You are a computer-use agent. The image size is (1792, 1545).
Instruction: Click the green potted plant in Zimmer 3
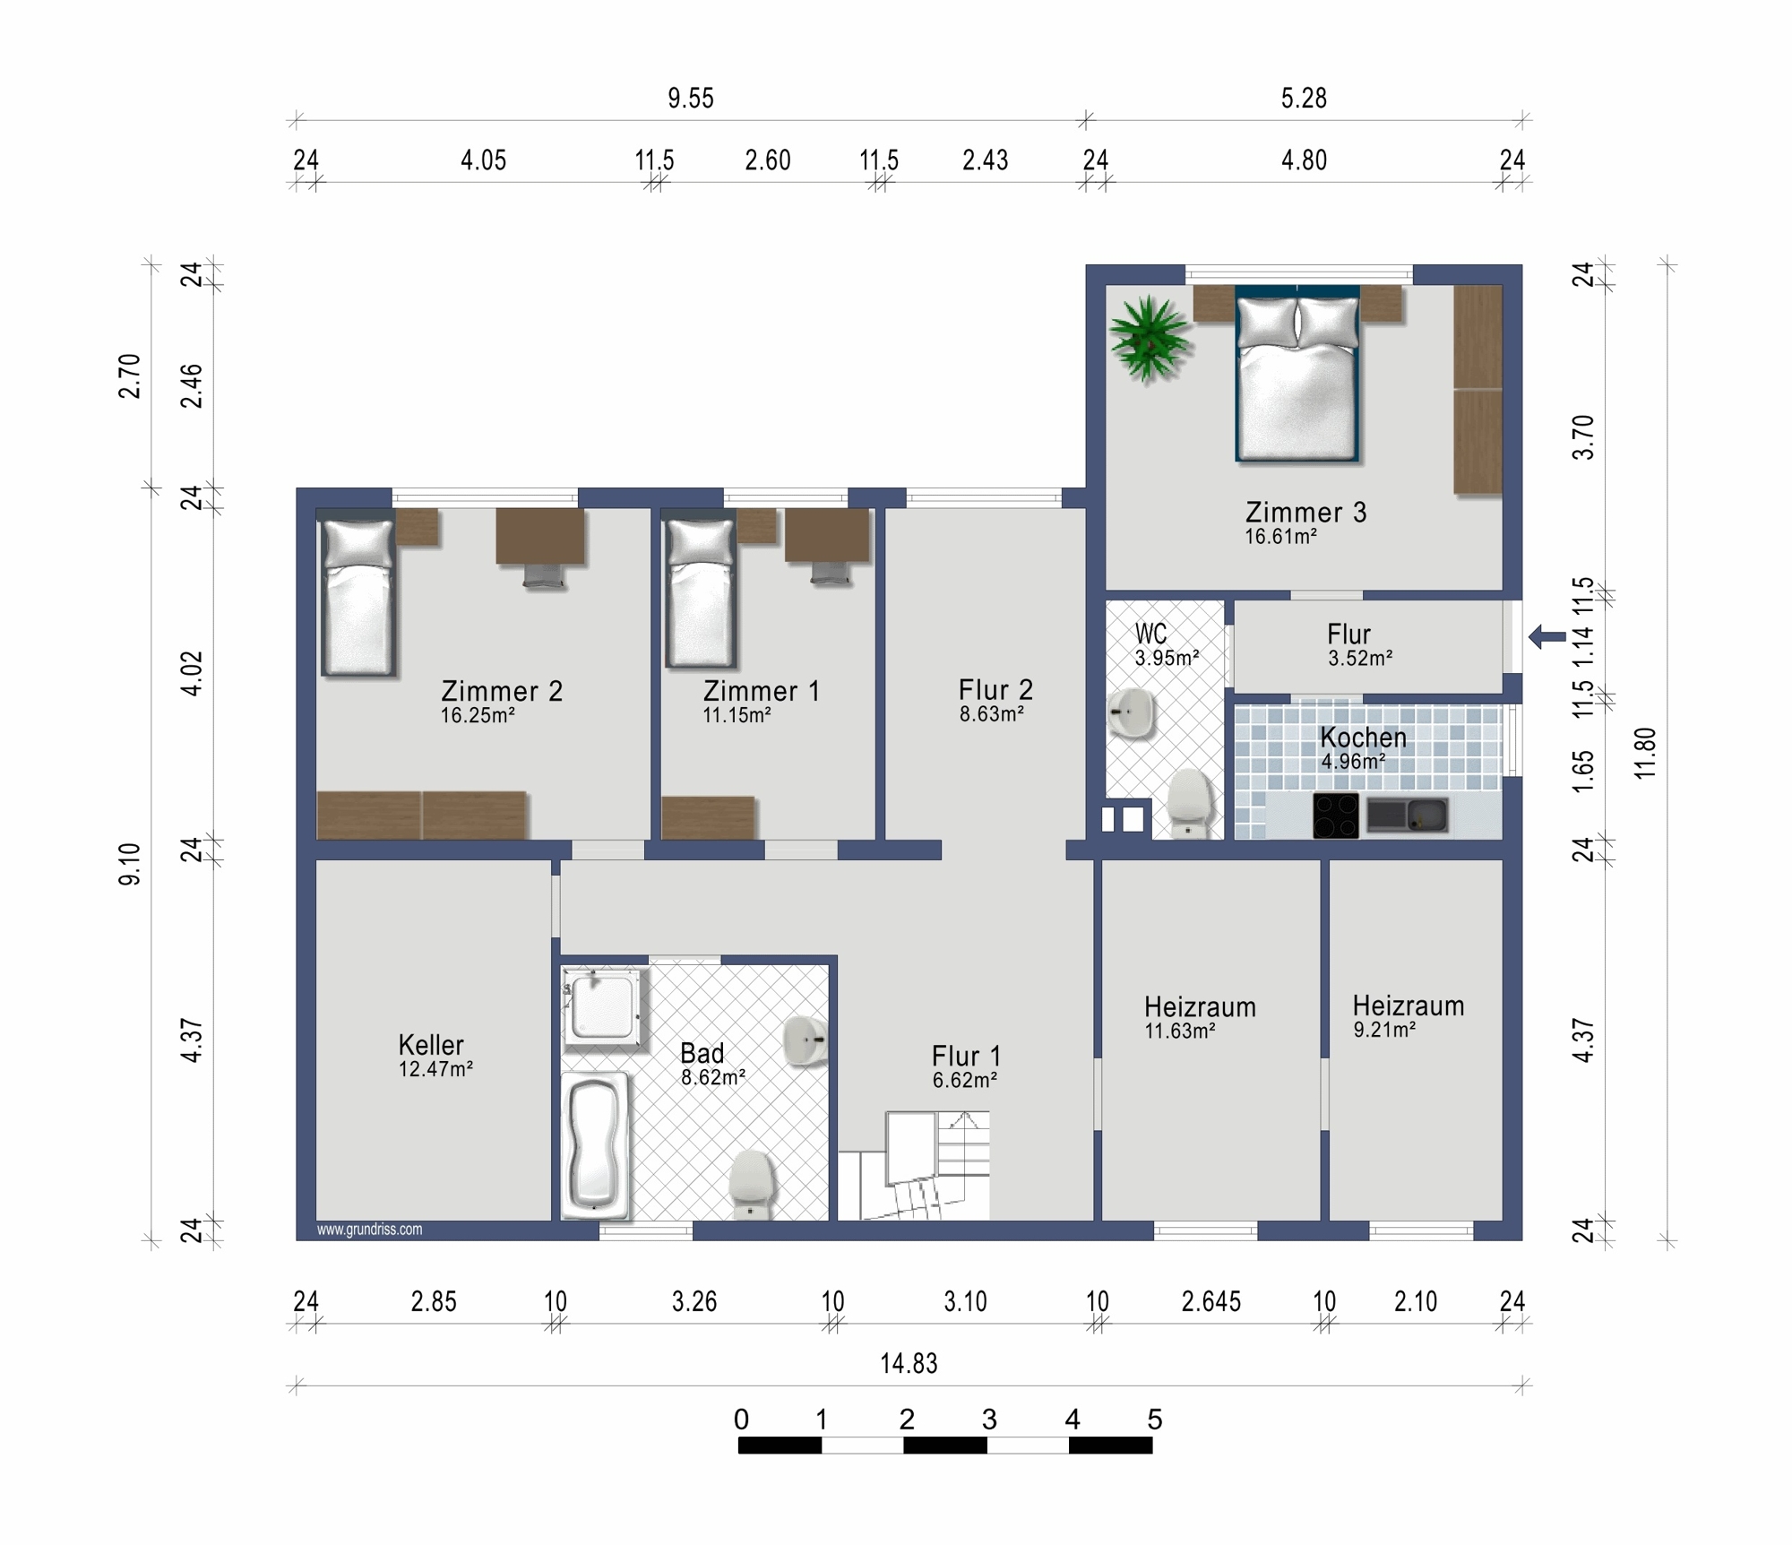pyautogui.click(x=1149, y=339)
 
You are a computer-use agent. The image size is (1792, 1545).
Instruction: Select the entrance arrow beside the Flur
pyautogui.click(x=1547, y=637)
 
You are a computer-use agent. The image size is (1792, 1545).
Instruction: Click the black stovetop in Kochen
pyautogui.click(x=1335, y=816)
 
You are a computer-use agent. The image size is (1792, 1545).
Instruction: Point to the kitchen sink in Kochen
pyautogui.click(x=1407, y=815)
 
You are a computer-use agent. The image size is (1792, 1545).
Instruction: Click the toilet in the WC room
pyautogui.click(x=1190, y=803)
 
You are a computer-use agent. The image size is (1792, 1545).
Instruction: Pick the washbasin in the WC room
pyautogui.click(x=1132, y=713)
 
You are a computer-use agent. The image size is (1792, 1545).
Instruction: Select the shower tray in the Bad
pyautogui.click(x=604, y=1009)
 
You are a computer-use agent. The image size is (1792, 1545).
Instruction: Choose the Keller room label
pyautogui.click(x=431, y=1045)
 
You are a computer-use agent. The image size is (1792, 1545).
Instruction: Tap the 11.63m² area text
pyautogui.click(x=1180, y=1031)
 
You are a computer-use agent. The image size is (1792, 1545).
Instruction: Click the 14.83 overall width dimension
pyautogui.click(x=909, y=1364)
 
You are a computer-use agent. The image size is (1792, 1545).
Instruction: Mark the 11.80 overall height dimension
pyautogui.click(x=1645, y=753)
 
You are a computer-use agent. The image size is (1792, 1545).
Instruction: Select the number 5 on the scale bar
pyautogui.click(x=1154, y=1420)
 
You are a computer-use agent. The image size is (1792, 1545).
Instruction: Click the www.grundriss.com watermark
pyautogui.click(x=369, y=1230)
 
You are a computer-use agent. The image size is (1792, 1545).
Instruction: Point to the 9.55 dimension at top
pyautogui.click(x=691, y=99)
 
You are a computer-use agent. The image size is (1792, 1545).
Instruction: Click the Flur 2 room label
pyautogui.click(x=995, y=690)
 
